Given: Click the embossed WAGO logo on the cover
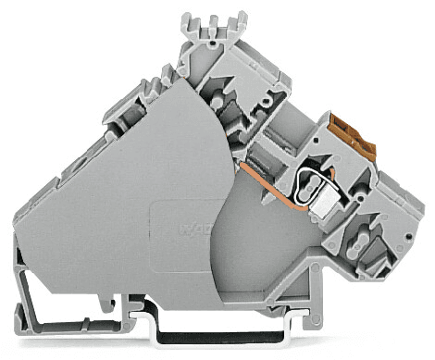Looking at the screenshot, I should coord(200,227).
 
